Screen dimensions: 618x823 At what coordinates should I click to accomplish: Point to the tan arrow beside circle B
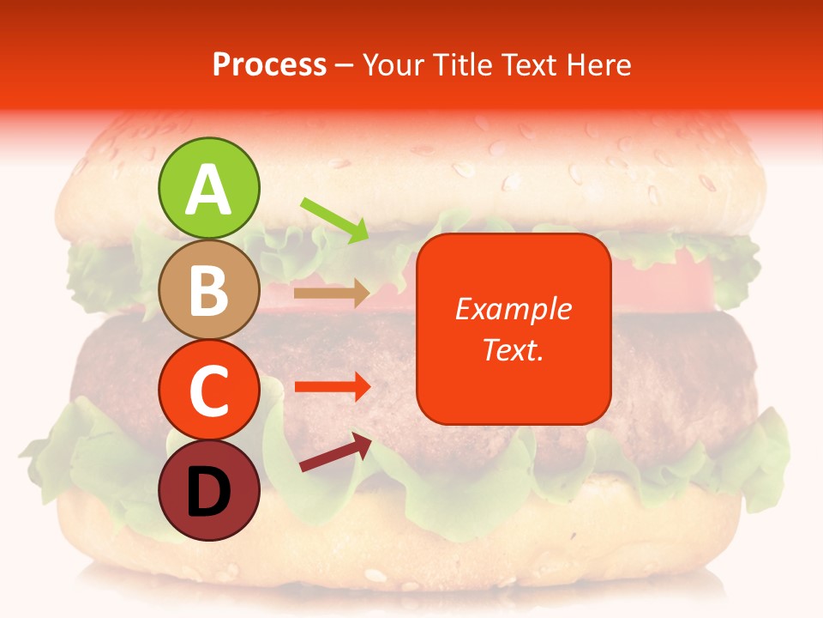point(332,294)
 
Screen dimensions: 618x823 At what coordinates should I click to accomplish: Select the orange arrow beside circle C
point(332,386)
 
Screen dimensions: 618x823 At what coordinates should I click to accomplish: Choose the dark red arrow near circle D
point(335,452)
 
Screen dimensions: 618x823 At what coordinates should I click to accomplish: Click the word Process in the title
point(269,65)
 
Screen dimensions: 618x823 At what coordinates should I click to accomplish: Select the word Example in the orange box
point(513,309)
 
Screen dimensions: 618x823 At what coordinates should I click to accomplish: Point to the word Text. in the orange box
point(513,349)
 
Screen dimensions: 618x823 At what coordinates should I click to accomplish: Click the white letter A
point(209,191)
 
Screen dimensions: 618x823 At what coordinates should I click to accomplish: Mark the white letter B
point(209,290)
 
